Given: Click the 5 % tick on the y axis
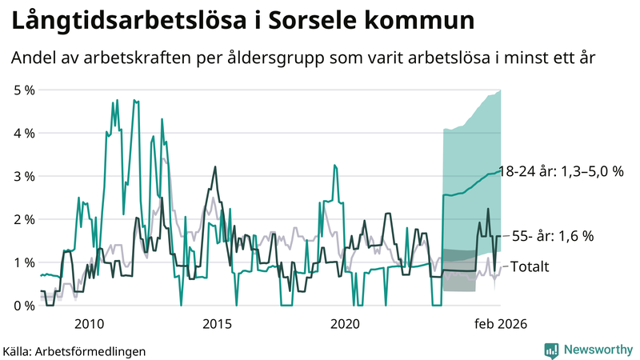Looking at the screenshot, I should click(24, 90).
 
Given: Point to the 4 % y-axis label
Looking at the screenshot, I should click(24, 134).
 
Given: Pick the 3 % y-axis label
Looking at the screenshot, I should click(24, 176).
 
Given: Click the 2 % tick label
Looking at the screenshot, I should click(24, 219).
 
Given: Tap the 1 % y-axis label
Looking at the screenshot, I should click(24, 262).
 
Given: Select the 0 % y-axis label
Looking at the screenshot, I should click(24, 306).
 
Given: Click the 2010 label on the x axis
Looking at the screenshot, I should click(89, 323).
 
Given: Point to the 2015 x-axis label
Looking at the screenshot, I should click(217, 323).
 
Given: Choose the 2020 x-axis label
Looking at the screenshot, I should click(345, 323).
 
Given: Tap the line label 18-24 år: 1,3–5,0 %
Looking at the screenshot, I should click(560, 171).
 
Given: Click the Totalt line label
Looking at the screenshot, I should click(530, 266).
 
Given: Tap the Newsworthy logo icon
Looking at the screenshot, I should click(551, 350).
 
